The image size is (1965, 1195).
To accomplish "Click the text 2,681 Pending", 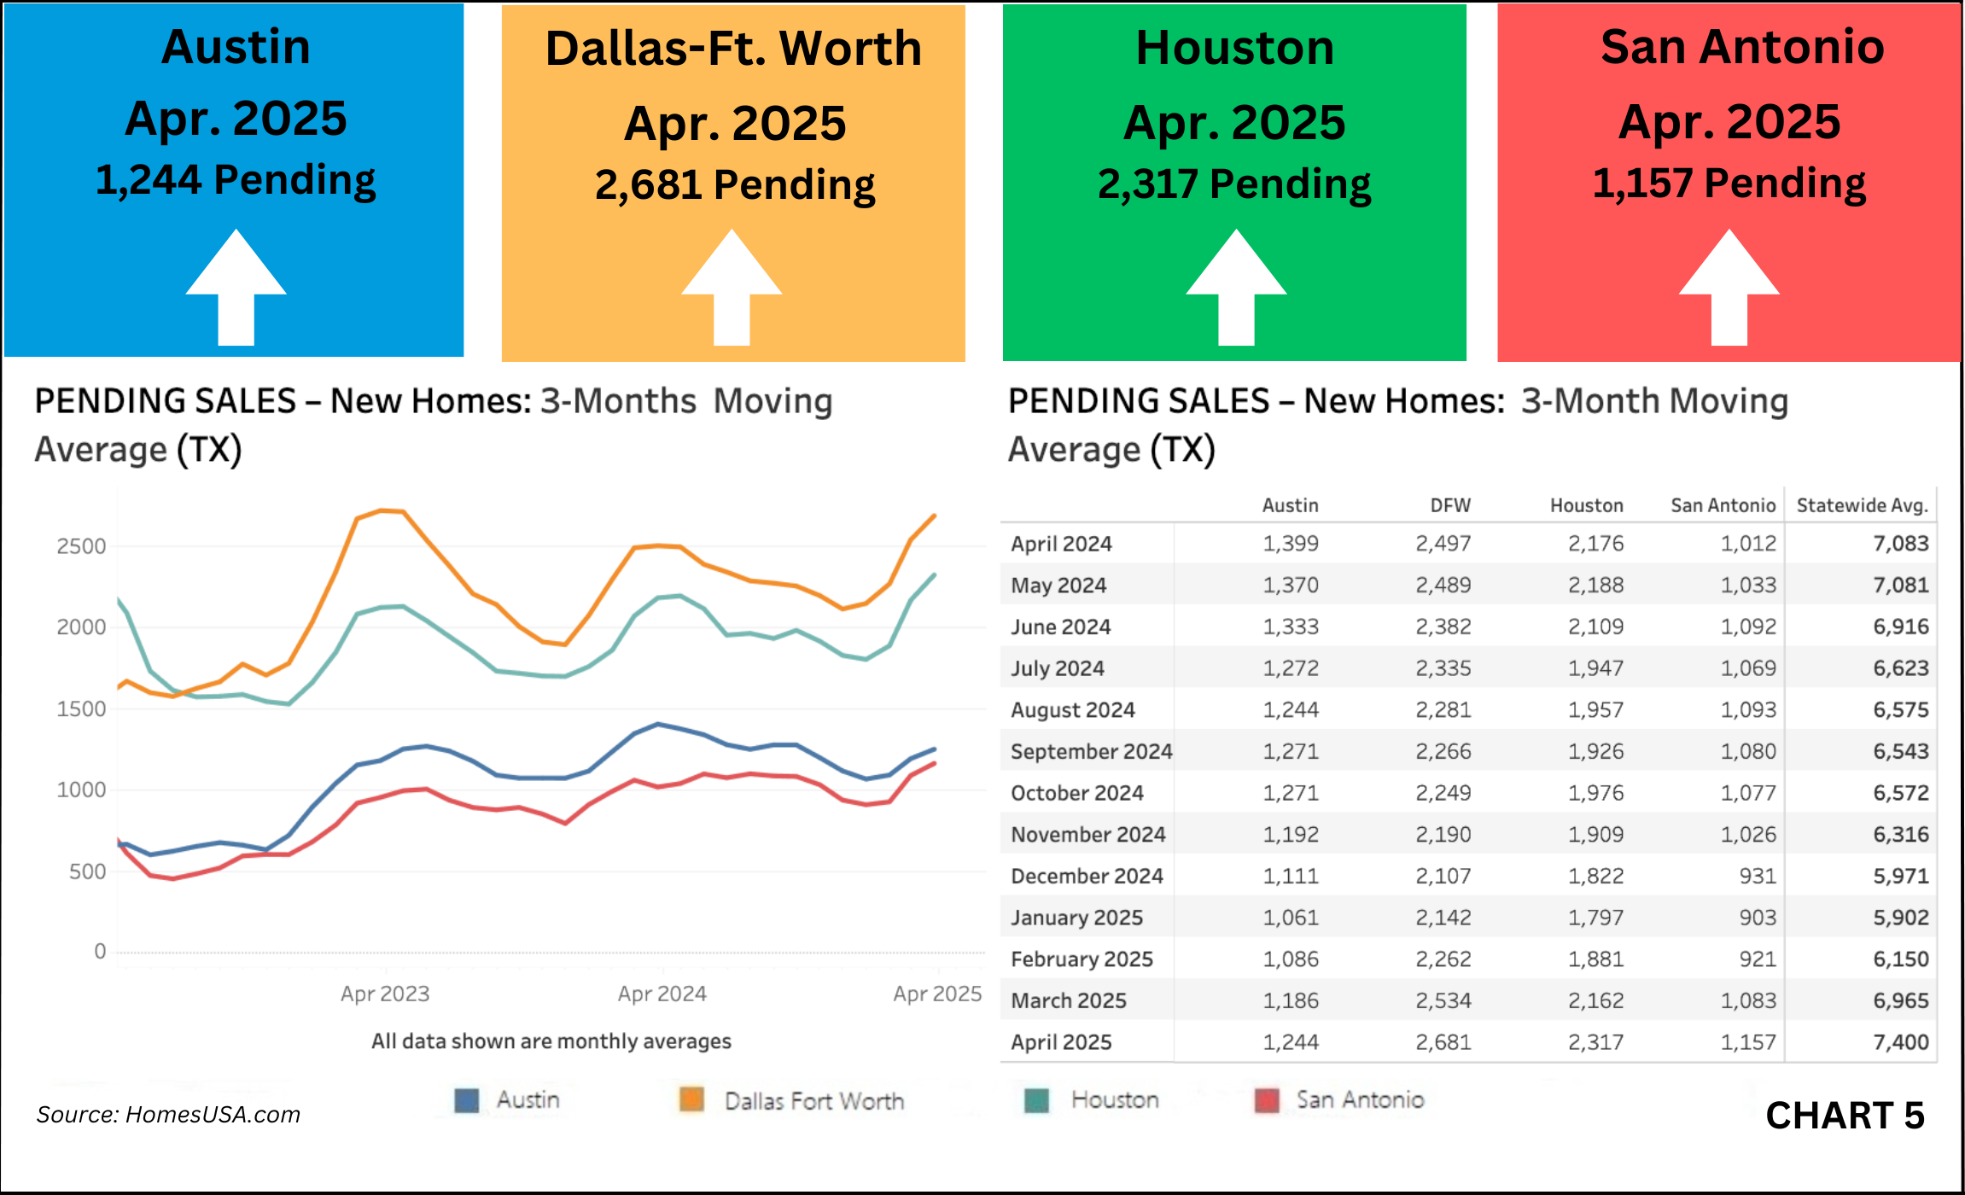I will (x=734, y=185).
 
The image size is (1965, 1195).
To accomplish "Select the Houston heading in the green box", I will (x=1234, y=48).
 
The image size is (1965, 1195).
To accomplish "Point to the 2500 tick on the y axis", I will (x=81, y=546).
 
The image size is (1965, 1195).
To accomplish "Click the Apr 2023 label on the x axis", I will (x=385, y=994).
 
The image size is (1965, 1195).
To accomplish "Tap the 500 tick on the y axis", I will (x=87, y=871).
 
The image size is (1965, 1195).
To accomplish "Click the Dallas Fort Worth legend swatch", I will (x=691, y=1099).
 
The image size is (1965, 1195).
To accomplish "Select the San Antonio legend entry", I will (x=1360, y=1099).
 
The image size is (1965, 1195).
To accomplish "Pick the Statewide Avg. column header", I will (x=1862, y=505).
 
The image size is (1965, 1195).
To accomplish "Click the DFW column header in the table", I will (x=1450, y=505).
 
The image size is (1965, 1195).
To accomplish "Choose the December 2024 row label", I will (x=1087, y=876).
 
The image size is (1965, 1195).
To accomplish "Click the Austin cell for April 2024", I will (x=1291, y=544).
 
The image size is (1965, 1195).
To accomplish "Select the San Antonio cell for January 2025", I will (x=1758, y=918).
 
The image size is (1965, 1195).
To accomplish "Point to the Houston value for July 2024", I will (x=1595, y=668).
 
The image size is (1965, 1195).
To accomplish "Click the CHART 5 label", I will (x=1845, y=1116).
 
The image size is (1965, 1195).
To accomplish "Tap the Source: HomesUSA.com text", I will (x=168, y=1115).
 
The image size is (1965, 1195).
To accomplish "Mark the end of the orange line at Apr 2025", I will (x=936, y=516).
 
